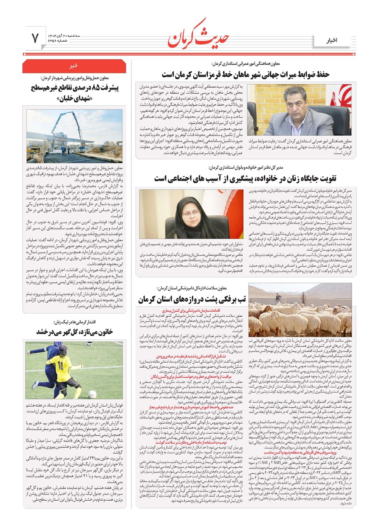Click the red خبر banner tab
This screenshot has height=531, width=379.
pos(74,66)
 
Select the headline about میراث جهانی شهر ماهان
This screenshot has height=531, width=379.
pos(246,74)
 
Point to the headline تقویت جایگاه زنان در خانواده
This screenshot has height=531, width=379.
pos(245,179)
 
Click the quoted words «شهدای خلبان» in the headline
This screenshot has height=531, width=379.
pos(74,99)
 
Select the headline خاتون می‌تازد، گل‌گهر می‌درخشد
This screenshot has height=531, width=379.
pos(75,332)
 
